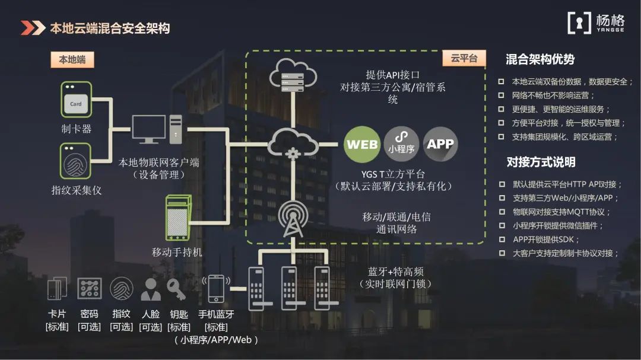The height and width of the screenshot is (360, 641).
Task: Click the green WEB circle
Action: tap(362, 144)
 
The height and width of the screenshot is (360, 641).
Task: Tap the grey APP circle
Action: tap(440, 144)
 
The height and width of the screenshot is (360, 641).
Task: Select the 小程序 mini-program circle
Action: tap(401, 144)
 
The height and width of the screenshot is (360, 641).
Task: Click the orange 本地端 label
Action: tap(72, 60)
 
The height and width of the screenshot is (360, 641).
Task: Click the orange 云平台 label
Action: tap(464, 58)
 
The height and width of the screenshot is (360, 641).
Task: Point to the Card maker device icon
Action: tap(76, 100)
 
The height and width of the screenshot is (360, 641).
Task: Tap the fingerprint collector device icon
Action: tap(75, 161)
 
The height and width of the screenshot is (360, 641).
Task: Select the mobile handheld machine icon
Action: tap(179, 218)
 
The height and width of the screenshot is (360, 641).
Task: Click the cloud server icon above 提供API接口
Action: tap(293, 75)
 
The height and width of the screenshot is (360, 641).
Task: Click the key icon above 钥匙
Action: tap(177, 289)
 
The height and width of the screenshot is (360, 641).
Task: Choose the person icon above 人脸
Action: tap(150, 289)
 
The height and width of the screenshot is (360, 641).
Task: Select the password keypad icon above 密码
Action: tap(90, 288)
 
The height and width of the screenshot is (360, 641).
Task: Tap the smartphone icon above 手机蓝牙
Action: tap(216, 288)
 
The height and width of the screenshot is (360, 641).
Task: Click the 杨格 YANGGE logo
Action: tap(596, 23)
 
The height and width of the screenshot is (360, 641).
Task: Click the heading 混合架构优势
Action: tap(540, 60)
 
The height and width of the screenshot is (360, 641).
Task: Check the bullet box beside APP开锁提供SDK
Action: tap(502, 239)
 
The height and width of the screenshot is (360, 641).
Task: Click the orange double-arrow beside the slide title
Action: tap(33, 28)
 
